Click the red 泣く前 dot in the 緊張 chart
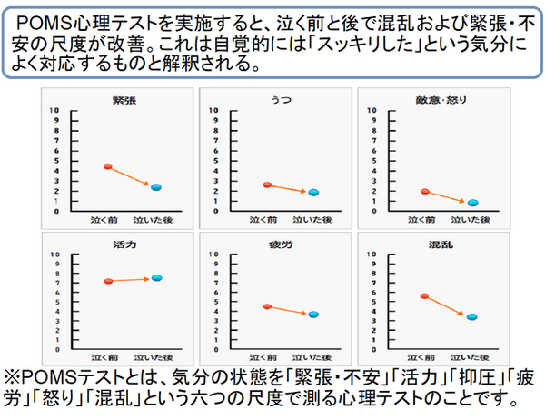tap(107, 166)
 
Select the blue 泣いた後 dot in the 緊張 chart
tap(155, 187)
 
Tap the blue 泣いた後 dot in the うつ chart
tap(313, 193)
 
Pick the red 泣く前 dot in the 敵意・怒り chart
tap(424, 192)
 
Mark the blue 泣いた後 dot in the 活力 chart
tap(156, 278)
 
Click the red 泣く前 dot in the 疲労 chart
tap(266, 306)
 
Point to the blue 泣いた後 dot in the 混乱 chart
tap(471, 316)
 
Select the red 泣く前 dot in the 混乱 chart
tap(424, 296)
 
